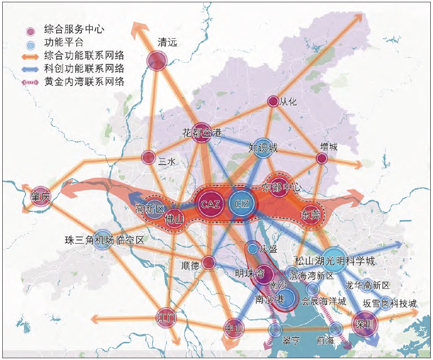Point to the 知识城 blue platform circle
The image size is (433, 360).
[x=263, y=148]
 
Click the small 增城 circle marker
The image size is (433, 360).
[x=321, y=158]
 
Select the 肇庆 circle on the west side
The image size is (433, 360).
[x=41, y=197]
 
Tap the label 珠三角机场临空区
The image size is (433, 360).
[x=104, y=241]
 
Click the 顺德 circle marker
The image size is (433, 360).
[x=208, y=263]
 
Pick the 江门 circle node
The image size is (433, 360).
[x=166, y=318]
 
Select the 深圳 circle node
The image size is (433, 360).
[x=364, y=324]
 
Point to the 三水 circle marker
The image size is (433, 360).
[x=149, y=157]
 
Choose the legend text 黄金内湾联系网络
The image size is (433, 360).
[x=85, y=82]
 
